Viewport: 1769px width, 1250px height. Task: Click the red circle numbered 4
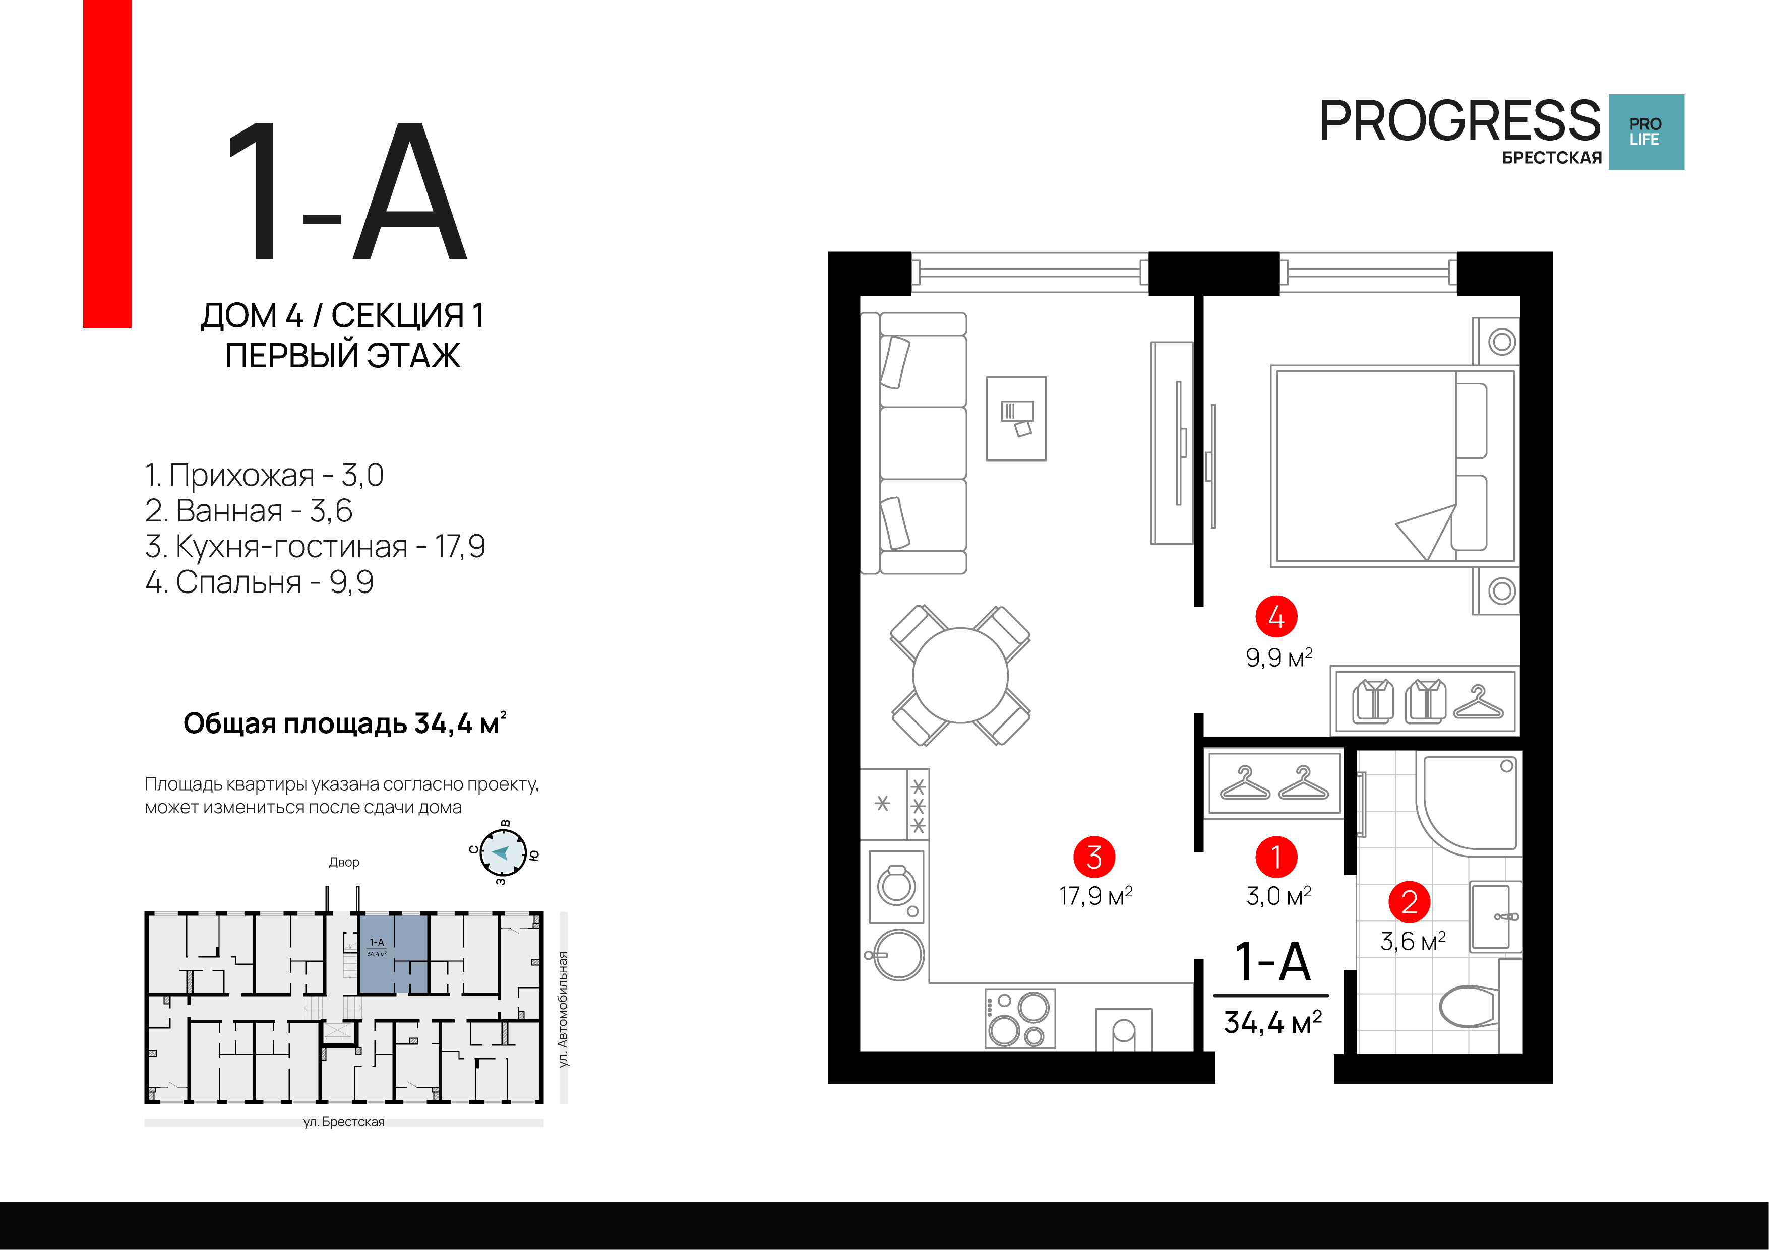pos(1276,616)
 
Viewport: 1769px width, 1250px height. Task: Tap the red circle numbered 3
pos(1094,857)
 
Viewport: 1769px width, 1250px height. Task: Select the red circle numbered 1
pos(1276,857)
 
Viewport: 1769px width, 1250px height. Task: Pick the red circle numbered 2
pos(1409,901)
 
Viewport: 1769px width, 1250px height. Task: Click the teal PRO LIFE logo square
pos(1646,131)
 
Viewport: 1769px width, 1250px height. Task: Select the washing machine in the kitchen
pos(897,886)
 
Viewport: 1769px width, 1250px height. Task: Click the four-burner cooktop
pos(1020,1018)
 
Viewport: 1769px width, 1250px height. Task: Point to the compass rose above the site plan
pos(503,852)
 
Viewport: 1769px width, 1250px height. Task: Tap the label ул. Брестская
pos(344,1122)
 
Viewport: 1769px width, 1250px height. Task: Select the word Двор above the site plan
pos(344,862)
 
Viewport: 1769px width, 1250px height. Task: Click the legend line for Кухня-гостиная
pos(315,546)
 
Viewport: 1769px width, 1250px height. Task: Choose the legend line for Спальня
pos(260,582)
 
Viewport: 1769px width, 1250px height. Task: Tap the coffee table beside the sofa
pos(1016,418)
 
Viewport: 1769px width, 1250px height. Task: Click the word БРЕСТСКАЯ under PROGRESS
pos(1552,158)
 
